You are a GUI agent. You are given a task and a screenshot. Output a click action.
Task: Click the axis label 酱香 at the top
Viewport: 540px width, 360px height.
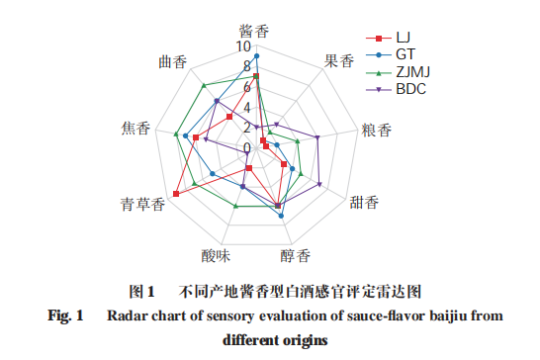point(255,31)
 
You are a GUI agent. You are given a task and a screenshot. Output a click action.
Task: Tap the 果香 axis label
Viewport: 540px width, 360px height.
point(338,60)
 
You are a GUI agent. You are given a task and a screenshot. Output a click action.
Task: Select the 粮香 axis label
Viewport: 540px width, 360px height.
point(377,129)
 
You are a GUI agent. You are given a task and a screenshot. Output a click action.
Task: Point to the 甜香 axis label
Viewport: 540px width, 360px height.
point(364,205)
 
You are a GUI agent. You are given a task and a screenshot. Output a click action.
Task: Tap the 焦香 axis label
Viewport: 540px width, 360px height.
point(135,129)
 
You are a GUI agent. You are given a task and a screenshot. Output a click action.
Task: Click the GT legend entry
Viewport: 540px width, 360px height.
point(405,54)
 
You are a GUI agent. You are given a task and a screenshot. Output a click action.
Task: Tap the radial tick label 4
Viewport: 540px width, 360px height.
point(246,107)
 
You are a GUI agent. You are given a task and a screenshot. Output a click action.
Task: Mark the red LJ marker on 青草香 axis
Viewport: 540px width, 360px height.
point(176,194)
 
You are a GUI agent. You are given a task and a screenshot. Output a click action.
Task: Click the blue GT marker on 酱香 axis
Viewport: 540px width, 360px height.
point(255,56)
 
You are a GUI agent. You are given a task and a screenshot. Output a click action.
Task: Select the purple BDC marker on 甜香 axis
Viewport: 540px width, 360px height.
point(321,184)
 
